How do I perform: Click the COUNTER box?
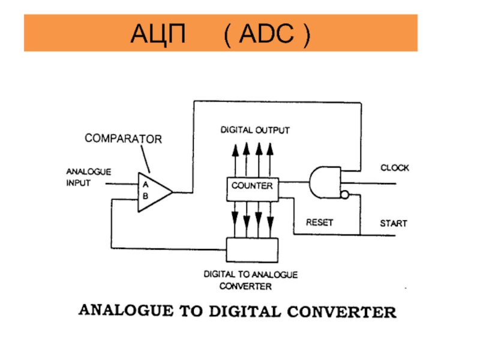[252, 186]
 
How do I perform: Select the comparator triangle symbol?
[154, 192]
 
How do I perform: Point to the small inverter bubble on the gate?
[344, 194]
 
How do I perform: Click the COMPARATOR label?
[123, 139]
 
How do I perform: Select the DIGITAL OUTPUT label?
[255, 130]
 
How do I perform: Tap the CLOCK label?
[394, 168]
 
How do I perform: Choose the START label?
[393, 223]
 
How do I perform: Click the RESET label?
[319, 222]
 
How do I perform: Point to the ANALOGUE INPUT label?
[88, 177]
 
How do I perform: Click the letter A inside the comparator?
[145, 185]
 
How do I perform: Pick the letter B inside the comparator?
[145, 196]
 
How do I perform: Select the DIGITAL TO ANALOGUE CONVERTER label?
[250, 280]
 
